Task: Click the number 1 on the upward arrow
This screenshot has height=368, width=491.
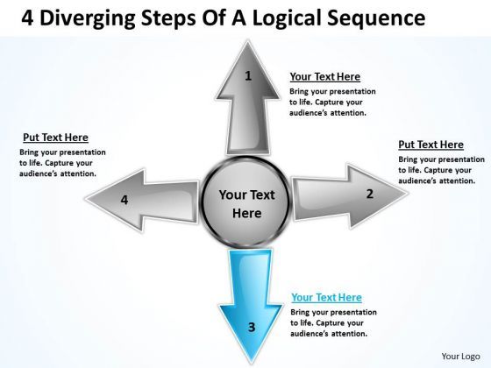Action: pyautogui.click(x=248, y=76)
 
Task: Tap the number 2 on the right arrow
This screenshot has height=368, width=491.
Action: pyautogui.click(x=370, y=194)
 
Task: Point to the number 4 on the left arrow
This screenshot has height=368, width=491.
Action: pyautogui.click(x=125, y=200)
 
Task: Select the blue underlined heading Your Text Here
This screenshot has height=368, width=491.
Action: pyautogui.click(x=325, y=297)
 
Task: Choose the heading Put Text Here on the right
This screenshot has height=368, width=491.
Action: pyautogui.click(x=431, y=145)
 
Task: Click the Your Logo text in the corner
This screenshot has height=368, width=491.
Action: pyautogui.click(x=459, y=357)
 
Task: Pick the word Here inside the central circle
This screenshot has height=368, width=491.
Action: pyautogui.click(x=246, y=213)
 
